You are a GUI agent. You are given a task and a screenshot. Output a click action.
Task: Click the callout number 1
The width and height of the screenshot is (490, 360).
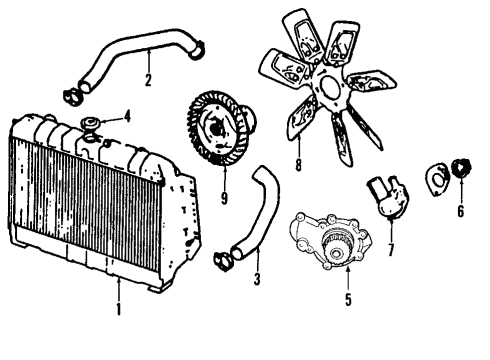118,309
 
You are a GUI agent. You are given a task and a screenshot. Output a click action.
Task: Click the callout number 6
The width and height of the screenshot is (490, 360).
461,211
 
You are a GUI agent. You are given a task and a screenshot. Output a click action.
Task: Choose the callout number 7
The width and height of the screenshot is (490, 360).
391,248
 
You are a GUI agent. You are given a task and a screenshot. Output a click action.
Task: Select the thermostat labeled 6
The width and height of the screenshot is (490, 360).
461,169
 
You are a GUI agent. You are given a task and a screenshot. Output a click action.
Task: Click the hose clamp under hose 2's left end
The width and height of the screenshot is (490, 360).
72,97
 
